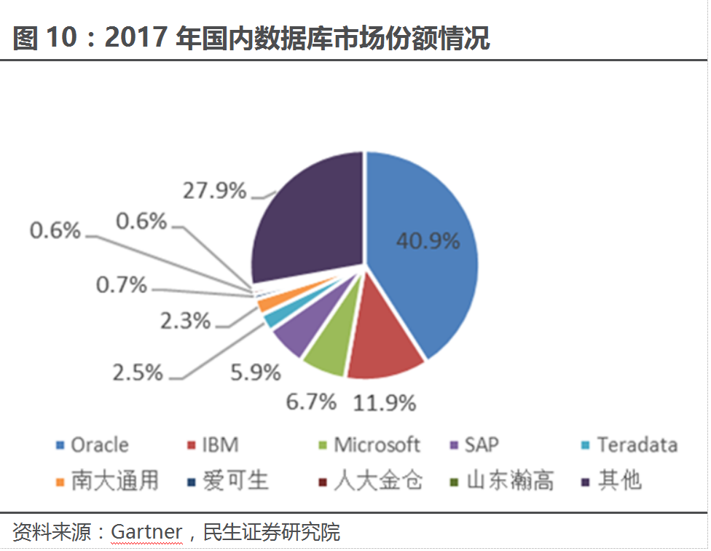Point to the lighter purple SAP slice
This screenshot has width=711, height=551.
(290, 337)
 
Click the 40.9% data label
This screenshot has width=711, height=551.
(428, 240)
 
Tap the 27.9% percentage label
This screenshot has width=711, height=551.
(213, 191)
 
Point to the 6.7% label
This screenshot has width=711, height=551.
(311, 401)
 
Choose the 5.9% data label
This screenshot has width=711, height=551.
(256, 372)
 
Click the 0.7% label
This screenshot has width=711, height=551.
(122, 285)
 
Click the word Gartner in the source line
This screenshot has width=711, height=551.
(146, 532)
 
